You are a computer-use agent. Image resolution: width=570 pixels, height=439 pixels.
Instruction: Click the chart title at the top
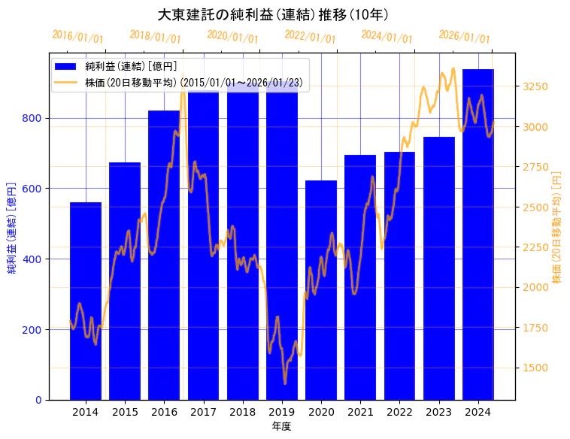[273, 15]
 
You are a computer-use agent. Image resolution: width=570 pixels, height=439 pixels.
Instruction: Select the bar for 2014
[86, 301]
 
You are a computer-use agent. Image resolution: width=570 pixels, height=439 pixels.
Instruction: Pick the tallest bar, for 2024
[478, 233]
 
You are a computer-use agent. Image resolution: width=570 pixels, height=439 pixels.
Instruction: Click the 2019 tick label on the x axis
[282, 412]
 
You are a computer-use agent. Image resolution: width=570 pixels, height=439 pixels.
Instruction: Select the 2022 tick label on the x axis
[399, 412]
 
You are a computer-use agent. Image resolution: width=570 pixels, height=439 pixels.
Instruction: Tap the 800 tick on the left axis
[35, 118]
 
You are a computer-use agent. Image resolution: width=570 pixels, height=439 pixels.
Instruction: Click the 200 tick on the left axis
[35, 329]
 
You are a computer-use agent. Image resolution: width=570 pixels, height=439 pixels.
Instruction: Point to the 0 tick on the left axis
[38, 400]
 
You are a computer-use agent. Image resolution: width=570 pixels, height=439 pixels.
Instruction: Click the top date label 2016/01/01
[77, 36]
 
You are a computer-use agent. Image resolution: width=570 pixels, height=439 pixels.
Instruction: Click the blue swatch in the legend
[66, 66]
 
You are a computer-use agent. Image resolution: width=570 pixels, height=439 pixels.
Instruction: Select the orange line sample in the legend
[66, 82]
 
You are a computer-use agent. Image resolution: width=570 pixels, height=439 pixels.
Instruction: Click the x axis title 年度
[282, 426]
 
